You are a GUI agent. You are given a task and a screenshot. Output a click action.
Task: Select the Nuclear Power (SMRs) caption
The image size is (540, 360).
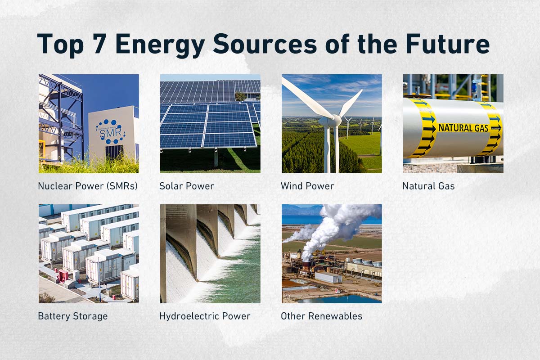pyautogui.click(x=88, y=186)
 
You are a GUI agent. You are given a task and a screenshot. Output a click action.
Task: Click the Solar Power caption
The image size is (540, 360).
pyautogui.click(x=187, y=186)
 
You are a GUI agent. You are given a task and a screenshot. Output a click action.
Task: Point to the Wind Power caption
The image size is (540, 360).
pyautogui.click(x=307, y=186)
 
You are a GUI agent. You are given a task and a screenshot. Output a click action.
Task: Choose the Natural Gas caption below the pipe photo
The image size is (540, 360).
pyautogui.click(x=428, y=186)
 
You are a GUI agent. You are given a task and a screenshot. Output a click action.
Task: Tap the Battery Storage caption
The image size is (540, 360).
pyautogui.click(x=73, y=316)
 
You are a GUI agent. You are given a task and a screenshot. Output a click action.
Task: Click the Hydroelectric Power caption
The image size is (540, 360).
pyautogui.click(x=205, y=316)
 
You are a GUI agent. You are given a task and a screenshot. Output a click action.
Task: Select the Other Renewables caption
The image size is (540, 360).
pyautogui.click(x=321, y=316)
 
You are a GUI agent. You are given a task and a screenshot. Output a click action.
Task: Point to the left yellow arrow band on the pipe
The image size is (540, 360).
pyautogui.click(x=425, y=129)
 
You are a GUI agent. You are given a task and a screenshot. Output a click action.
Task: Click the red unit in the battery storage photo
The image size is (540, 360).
pyautogui.click(x=63, y=275)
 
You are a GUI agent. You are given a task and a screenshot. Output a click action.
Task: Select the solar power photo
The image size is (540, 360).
pyautogui.click(x=210, y=123)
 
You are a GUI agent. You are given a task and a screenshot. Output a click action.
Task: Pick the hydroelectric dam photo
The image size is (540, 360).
pyautogui.click(x=210, y=253)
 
